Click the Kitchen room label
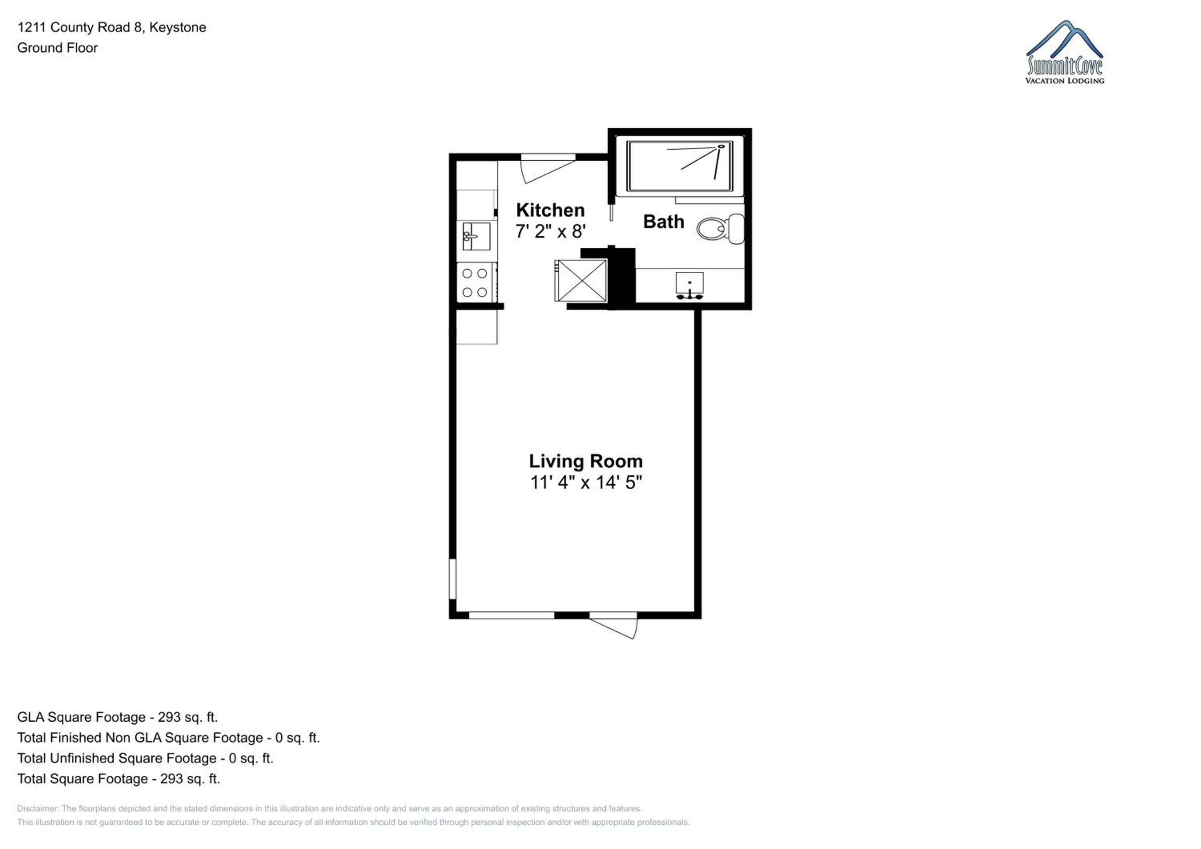[x=550, y=210]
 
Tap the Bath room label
[x=663, y=222]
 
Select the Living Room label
[x=585, y=461]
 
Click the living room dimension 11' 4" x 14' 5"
[x=586, y=482]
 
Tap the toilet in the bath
[x=720, y=228]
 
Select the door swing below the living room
[x=613, y=625]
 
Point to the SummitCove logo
[x=1064, y=52]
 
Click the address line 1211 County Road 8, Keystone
[x=112, y=27]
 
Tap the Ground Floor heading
[x=58, y=48]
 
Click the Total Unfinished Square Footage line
[x=145, y=758]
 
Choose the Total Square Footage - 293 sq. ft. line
[x=119, y=779]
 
